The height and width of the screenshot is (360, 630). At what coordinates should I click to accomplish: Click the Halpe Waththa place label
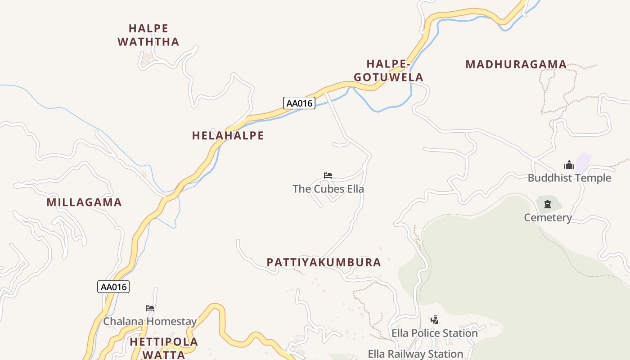pos(148,35)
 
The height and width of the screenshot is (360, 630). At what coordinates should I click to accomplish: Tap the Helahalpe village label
pos(228,135)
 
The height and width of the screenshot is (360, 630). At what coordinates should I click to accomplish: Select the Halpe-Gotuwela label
pos(388,71)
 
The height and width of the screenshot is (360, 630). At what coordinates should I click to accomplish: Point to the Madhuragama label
pos(516,64)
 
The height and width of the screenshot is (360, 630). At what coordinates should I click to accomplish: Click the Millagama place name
pos(84,202)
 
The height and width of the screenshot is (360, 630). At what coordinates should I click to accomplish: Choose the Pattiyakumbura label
pos(324,262)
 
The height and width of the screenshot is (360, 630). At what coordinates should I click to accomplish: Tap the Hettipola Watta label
pos(164,348)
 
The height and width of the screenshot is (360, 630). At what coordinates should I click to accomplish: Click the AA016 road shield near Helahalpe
pos(299,103)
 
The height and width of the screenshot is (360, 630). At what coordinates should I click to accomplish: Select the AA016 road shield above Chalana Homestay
pos(113,287)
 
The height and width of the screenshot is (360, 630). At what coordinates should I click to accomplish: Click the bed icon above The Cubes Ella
pos(328,175)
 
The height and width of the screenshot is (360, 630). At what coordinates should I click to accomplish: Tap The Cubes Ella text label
pos(328,189)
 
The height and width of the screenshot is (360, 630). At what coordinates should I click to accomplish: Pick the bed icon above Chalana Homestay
pos(150,308)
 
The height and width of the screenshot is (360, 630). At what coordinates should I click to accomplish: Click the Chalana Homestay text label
pos(150,321)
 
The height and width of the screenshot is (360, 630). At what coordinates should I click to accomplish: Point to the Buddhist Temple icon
pos(569,165)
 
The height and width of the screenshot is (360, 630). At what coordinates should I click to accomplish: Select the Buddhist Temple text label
pos(569,178)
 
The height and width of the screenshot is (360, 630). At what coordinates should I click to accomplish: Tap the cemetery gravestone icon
pos(548,205)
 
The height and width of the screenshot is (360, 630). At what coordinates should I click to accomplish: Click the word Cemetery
pos(548,218)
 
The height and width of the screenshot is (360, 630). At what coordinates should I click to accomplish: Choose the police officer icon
pos(434,320)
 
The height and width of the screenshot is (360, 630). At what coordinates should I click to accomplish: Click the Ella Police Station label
pos(434,333)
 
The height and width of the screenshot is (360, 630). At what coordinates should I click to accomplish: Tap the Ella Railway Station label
pos(415,354)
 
